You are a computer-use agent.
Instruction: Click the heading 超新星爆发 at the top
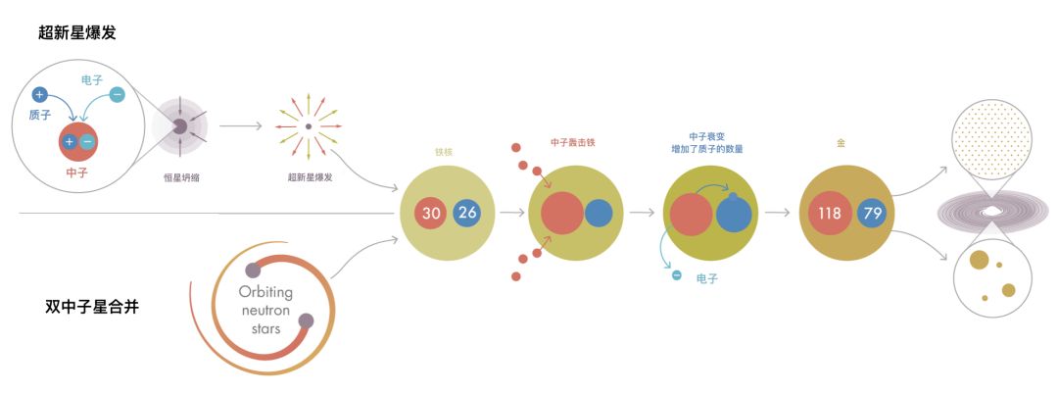coord(77,32)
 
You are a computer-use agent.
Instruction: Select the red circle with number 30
coord(430,212)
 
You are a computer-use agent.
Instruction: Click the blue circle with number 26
coord(467,212)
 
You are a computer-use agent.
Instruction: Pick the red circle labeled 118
coord(830,213)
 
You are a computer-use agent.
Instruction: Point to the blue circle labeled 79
coord(872,213)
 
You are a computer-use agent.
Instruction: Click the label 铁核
coord(444,153)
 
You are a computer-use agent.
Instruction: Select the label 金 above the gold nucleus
coord(841,143)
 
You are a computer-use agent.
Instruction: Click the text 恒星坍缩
coord(182,178)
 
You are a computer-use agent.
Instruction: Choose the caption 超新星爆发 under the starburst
coord(310,178)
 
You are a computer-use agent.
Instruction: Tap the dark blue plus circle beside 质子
coord(39,95)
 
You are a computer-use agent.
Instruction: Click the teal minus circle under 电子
coord(118,95)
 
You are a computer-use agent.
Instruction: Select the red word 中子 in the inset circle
coord(76,172)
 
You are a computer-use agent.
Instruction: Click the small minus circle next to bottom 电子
coord(676,275)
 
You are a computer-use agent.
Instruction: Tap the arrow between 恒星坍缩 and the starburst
coord(241,126)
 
